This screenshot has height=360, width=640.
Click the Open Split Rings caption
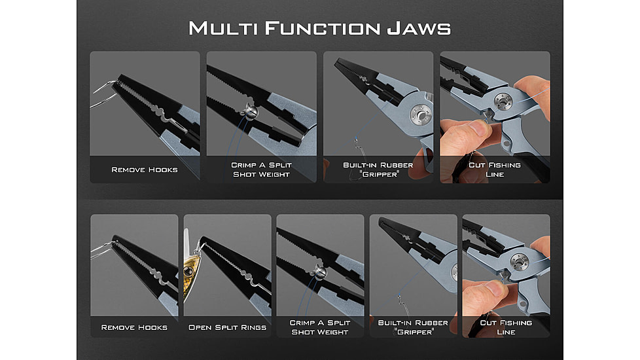tap(227, 327)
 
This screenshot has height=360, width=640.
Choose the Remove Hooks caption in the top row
tap(145, 170)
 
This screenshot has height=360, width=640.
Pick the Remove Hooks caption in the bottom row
tap(134, 327)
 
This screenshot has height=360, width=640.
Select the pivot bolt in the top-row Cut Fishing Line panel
tap(503, 103)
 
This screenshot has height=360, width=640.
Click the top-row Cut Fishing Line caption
tap(495, 170)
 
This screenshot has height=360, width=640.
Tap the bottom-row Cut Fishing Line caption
tap(506, 327)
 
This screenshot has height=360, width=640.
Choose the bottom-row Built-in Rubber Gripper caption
tap(413, 327)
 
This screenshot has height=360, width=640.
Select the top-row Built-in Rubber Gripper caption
tap(378, 170)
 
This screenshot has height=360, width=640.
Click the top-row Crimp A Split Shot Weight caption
tap(261, 170)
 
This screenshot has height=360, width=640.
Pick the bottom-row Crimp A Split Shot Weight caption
tap(320, 327)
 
